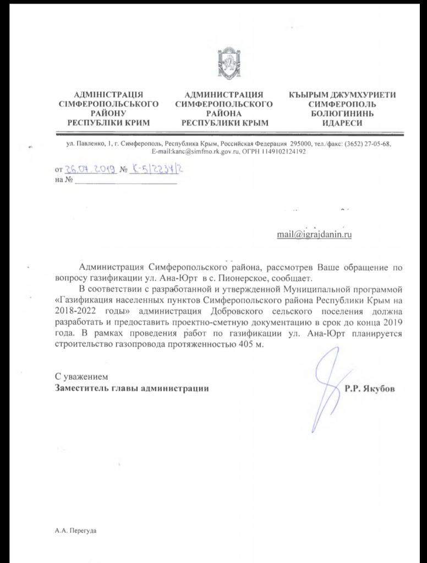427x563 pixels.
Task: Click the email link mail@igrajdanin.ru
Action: tap(314, 234)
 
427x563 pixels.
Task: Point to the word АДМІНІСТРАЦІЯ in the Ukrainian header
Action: tap(108, 95)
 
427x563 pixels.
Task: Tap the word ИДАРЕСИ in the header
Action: tap(342, 123)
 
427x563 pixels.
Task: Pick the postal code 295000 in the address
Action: tap(301, 143)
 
